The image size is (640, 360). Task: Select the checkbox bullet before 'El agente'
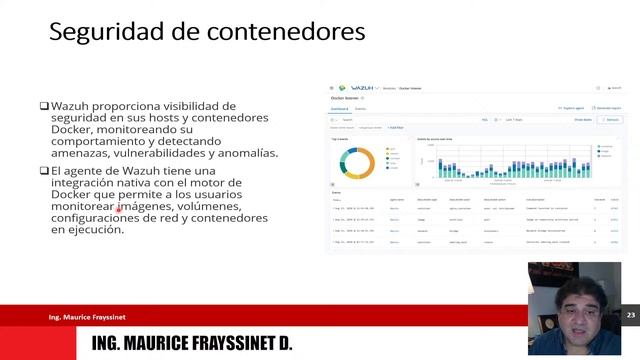[44, 171]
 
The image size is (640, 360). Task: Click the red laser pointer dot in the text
[118, 210]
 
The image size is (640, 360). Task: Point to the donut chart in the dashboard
[355, 162]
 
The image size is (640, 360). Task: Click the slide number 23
[631, 315]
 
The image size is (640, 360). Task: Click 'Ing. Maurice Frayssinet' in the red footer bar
[87, 317]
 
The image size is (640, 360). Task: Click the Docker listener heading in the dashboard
[344, 99]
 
